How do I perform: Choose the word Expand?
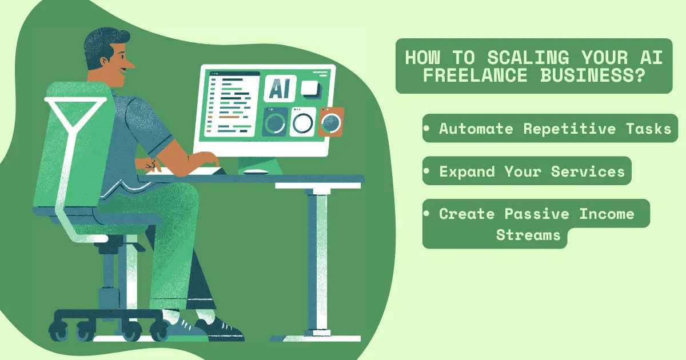[468, 171]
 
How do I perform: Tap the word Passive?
[537, 214]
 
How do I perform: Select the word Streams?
[528, 235]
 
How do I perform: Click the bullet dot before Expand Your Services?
[427, 171]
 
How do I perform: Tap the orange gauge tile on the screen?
[331, 121]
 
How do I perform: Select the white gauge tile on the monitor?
[302, 121]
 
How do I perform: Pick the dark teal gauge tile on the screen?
[275, 122]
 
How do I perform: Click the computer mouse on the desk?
[256, 171]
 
